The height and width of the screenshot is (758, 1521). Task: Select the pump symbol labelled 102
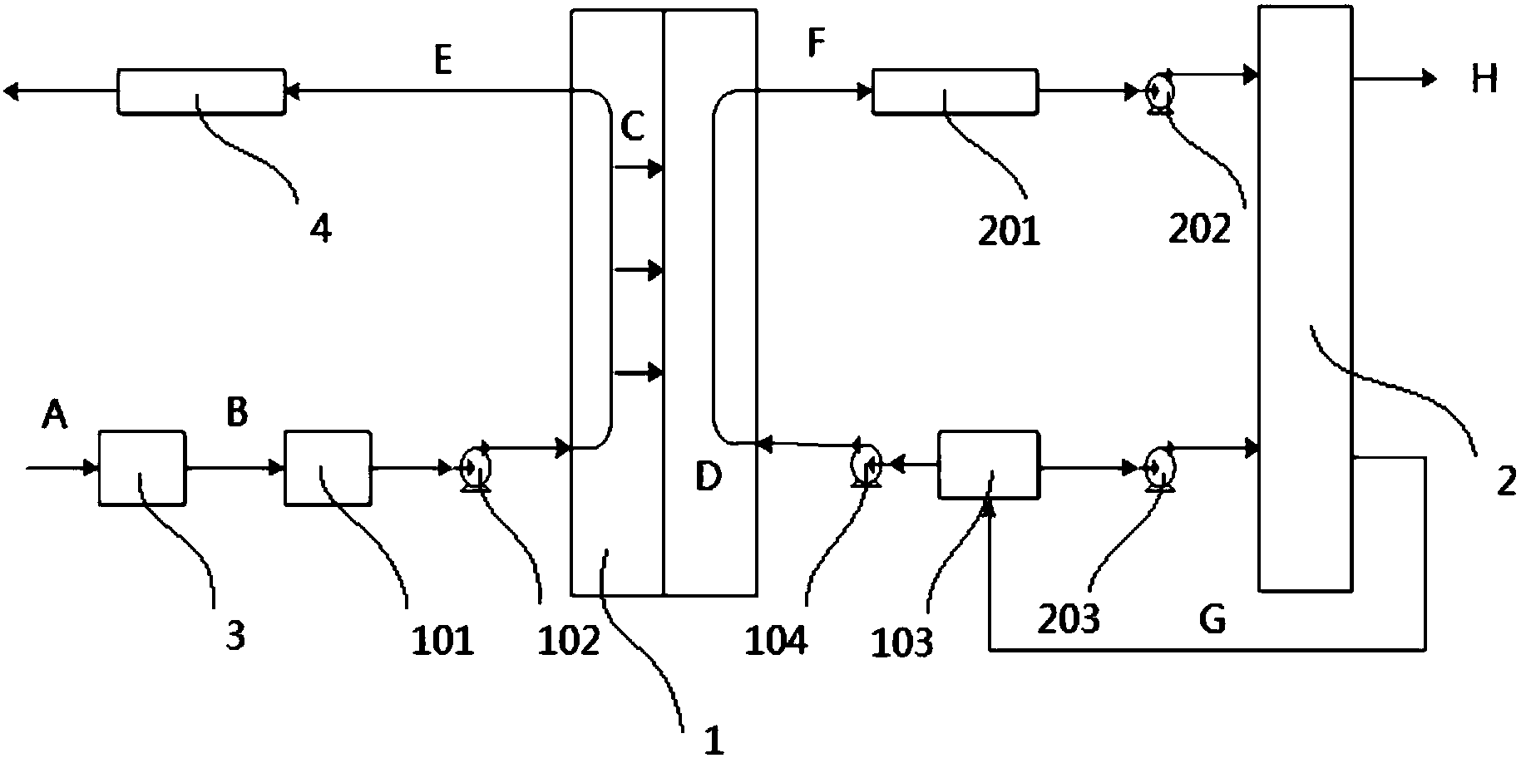pyautogui.click(x=475, y=467)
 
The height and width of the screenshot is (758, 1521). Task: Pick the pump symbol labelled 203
pyautogui.click(x=1158, y=468)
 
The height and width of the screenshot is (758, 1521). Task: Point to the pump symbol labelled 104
pyautogui.click(x=867, y=464)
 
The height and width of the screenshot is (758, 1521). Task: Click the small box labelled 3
pyautogui.click(x=142, y=467)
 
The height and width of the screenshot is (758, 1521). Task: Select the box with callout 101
pyautogui.click(x=328, y=467)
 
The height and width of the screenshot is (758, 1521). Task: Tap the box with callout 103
pyautogui.click(x=988, y=465)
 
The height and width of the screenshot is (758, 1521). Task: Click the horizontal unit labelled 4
pyautogui.click(x=200, y=91)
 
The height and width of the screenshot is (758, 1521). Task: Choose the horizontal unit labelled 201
pyautogui.click(x=954, y=91)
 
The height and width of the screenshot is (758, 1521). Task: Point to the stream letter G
pyautogui.click(x=1212, y=619)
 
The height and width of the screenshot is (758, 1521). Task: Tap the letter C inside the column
pyautogui.click(x=632, y=129)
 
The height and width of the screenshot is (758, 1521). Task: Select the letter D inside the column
pyautogui.click(x=708, y=477)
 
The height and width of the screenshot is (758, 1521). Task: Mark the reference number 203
pyautogui.click(x=1070, y=619)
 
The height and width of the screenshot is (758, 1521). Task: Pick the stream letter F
pyautogui.click(x=817, y=44)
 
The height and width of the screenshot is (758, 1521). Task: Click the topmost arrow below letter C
pyautogui.click(x=638, y=170)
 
